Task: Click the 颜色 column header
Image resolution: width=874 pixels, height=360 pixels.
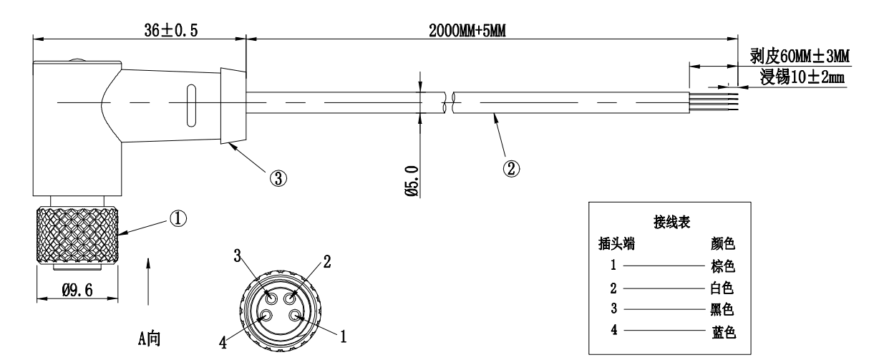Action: (723, 244)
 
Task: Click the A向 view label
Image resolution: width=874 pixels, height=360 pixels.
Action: (149, 337)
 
